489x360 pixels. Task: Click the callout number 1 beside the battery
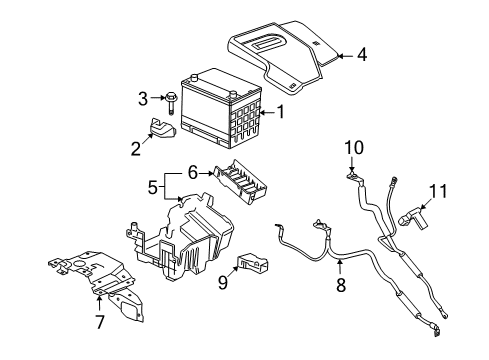click(x=280, y=113)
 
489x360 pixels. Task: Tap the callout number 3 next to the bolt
click(x=143, y=97)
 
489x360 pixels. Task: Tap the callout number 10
click(x=349, y=148)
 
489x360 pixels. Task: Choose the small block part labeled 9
click(x=251, y=264)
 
